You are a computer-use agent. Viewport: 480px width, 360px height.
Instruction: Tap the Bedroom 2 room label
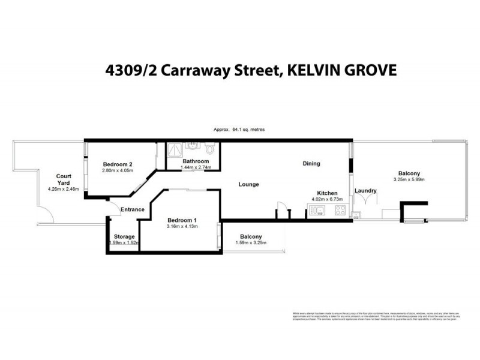click(x=117, y=164)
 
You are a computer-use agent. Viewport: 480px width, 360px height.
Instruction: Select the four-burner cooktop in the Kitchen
click(x=340, y=210)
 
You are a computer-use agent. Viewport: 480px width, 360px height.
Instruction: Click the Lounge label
click(x=248, y=184)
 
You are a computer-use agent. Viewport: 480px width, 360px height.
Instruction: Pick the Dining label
click(x=311, y=163)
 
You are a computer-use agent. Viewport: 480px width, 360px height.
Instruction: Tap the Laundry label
click(x=365, y=191)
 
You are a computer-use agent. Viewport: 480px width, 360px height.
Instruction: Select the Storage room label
click(x=125, y=236)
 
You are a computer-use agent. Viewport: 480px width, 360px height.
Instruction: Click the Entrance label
click(x=132, y=209)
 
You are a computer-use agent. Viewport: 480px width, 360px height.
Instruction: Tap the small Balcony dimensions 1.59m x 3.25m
click(x=250, y=243)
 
